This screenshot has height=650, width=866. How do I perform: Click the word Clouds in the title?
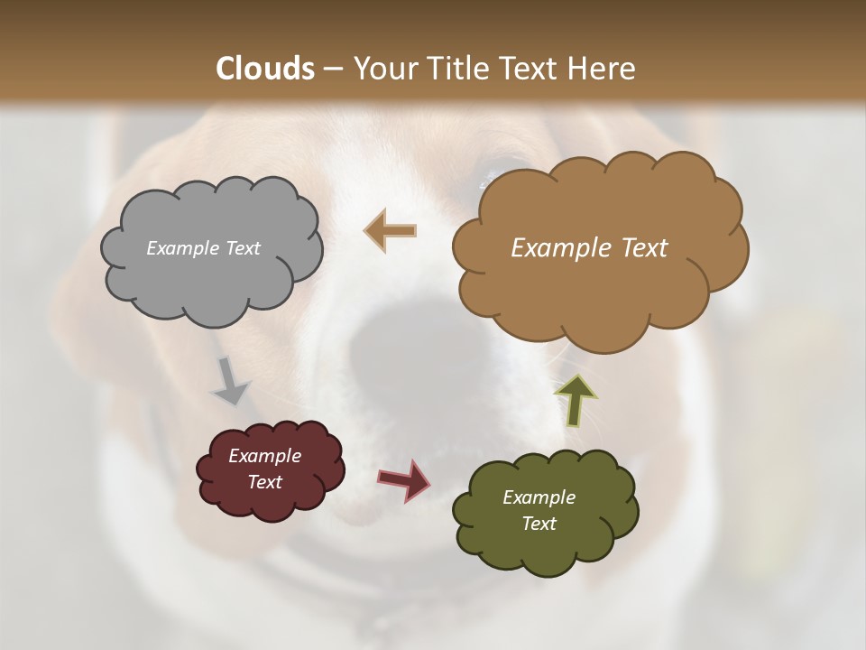coord(265,69)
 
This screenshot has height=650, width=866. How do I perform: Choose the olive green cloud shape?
coord(545,542)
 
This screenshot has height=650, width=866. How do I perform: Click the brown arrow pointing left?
coord(390,231)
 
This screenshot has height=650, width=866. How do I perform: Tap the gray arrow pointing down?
coord(230,382)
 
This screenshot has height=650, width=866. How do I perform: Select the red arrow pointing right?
coord(404,479)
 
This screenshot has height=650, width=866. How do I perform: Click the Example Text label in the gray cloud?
coord(203,248)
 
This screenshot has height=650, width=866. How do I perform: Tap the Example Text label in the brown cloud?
coord(589,248)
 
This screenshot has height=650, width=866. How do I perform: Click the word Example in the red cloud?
coord(264,456)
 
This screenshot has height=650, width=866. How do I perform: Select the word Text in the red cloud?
coord(264,482)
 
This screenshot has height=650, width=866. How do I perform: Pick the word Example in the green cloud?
coord(539,497)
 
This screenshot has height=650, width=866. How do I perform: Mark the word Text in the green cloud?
coord(539,524)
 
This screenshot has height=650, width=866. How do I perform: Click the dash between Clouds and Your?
coord(332,70)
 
